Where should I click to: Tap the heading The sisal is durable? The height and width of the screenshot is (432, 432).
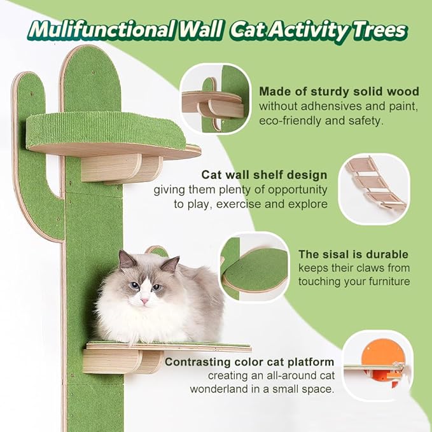click(x=354, y=254)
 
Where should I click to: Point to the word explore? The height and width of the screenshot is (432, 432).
click(x=308, y=204)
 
